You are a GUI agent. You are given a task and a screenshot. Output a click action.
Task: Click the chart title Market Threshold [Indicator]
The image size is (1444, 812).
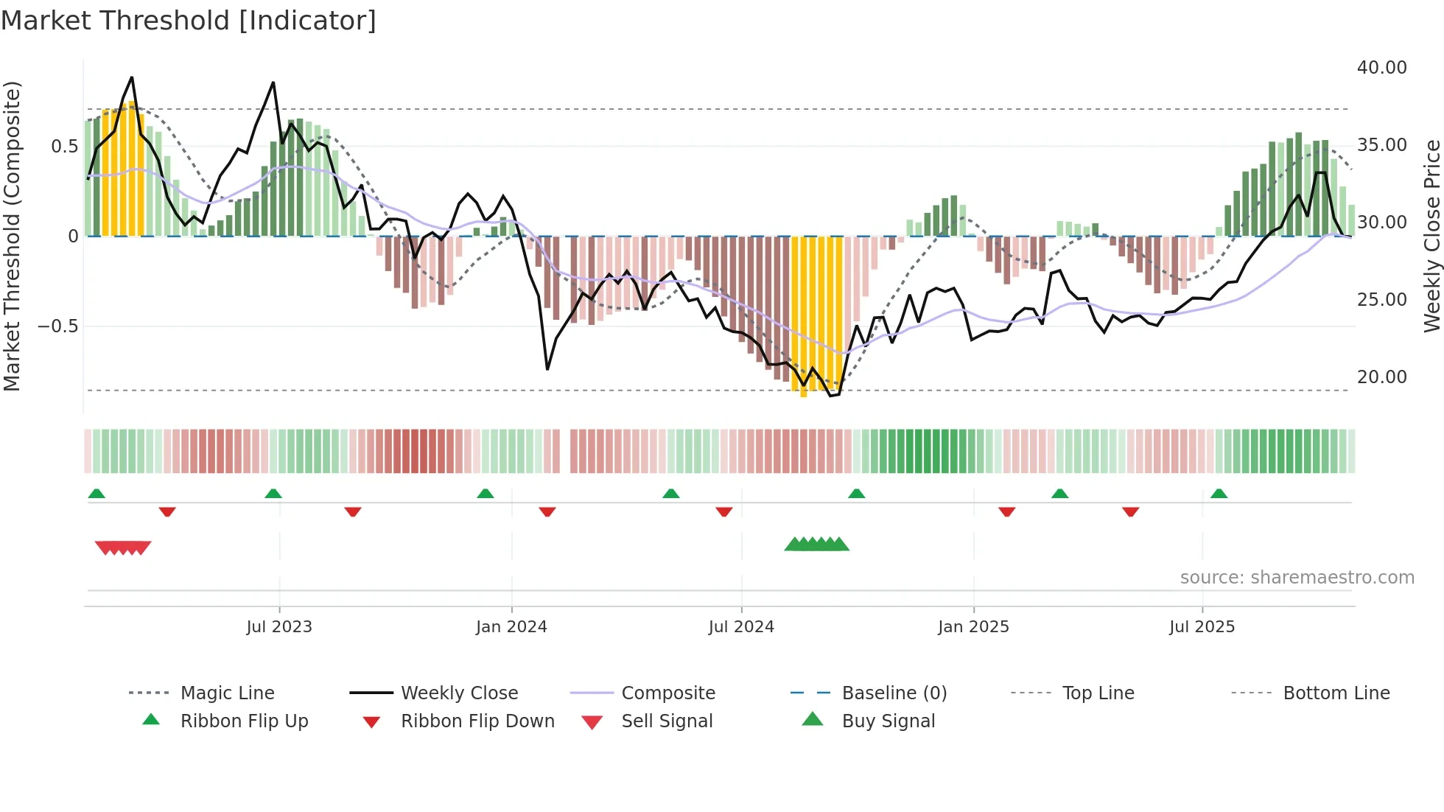click(x=189, y=21)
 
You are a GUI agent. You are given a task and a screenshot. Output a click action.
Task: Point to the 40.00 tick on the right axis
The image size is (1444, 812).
click(x=1381, y=68)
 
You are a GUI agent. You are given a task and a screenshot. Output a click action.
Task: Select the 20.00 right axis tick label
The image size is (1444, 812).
click(x=1381, y=377)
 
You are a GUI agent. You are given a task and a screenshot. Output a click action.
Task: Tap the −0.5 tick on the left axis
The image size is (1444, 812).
click(x=58, y=326)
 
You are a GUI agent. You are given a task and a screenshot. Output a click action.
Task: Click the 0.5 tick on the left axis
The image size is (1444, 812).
click(x=64, y=147)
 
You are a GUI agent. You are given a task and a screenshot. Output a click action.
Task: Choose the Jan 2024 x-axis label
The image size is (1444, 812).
click(x=511, y=627)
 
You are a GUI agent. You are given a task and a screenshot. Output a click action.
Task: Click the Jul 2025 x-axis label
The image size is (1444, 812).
click(x=1202, y=627)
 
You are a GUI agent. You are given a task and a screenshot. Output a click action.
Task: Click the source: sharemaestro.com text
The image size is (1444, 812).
click(x=1297, y=578)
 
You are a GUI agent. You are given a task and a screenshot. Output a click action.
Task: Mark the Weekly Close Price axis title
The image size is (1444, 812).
click(x=1431, y=236)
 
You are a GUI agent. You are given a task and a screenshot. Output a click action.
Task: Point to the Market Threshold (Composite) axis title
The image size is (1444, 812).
click(x=12, y=236)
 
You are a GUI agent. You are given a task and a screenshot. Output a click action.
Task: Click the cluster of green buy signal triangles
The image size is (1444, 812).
click(x=816, y=545)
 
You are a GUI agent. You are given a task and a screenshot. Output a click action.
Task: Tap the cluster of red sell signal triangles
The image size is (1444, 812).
click(x=123, y=547)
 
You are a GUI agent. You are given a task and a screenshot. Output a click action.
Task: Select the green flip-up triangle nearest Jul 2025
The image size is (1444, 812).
click(x=1219, y=494)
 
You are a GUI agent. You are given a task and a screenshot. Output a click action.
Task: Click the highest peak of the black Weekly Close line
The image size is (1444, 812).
click(x=132, y=77)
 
